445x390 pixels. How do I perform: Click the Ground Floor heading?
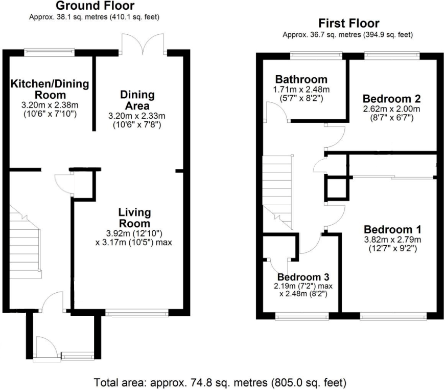[x=95, y=6]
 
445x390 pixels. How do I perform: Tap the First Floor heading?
[x=349, y=23]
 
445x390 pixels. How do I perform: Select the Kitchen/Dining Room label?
[x=50, y=89]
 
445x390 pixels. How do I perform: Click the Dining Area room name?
[x=137, y=100]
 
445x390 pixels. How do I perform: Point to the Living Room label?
[x=134, y=218]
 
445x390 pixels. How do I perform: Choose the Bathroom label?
[x=301, y=79]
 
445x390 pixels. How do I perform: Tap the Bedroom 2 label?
[x=392, y=99]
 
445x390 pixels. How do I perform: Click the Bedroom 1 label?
[x=392, y=229]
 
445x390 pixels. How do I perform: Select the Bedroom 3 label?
[x=303, y=277]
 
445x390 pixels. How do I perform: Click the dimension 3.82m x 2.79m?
[x=392, y=240]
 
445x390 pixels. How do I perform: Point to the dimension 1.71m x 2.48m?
[x=301, y=90]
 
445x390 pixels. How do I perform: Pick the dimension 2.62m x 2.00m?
[x=392, y=109]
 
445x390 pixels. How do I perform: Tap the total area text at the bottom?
[x=220, y=383]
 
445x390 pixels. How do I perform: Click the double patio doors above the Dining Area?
[x=143, y=44]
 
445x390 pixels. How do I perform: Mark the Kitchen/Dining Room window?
[x=50, y=52]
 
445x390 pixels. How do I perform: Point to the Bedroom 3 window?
[x=302, y=316]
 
